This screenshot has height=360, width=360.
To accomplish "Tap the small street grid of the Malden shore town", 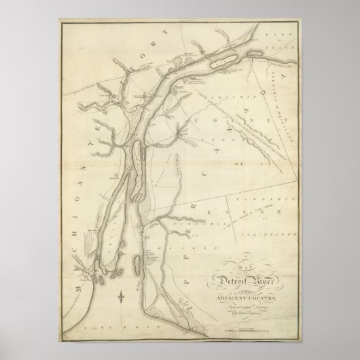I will [149, 257].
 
